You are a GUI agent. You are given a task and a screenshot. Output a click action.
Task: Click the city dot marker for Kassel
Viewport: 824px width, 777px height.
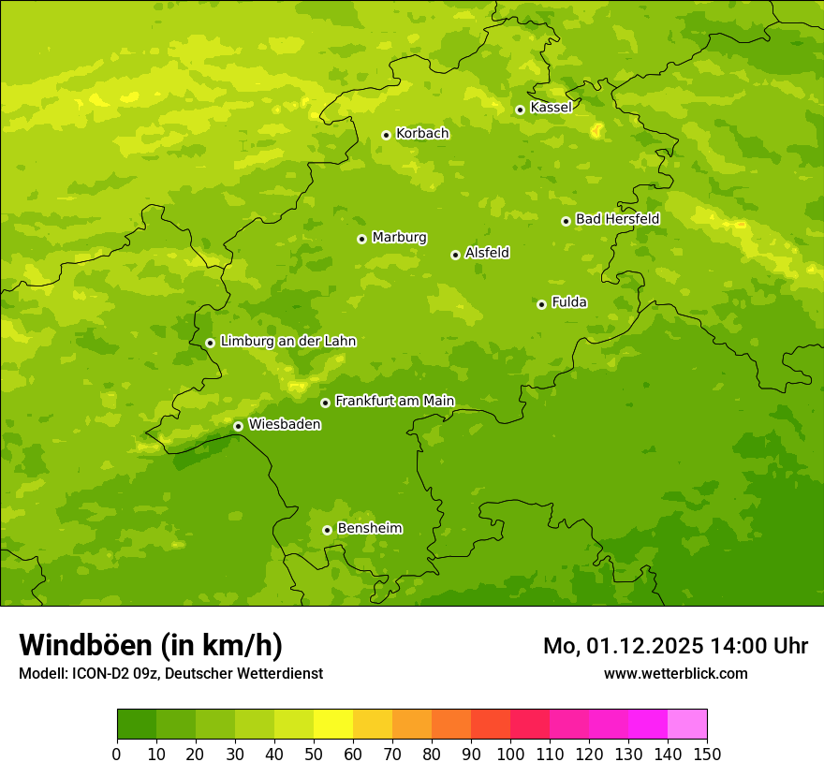pos(520,110)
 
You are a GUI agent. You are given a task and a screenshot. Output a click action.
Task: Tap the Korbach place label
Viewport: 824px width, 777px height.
pos(422,134)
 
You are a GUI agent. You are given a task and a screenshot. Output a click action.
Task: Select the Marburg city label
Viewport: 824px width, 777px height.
pos(399,238)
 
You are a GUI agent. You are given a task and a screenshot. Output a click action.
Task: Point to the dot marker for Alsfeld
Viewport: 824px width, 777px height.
pos(455,255)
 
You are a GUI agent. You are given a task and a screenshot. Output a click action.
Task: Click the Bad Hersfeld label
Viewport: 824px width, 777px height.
pos(617,219)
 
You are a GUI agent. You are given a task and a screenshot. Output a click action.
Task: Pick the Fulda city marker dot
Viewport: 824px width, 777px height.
pos(541,304)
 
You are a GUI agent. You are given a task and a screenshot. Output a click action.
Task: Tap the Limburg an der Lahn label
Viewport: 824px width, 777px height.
pos(287,342)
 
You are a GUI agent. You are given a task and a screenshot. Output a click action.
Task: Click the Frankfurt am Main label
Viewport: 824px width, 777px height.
pos(394,401)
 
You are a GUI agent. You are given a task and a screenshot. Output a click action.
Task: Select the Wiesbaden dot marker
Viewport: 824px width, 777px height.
pos(238,426)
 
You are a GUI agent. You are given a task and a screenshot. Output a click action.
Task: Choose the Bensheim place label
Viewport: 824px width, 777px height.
pos(369,528)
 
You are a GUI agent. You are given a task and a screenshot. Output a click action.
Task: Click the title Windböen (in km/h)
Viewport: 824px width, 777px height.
pos(150,645)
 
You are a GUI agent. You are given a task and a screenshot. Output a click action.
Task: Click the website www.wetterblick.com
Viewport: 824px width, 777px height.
pos(675,673)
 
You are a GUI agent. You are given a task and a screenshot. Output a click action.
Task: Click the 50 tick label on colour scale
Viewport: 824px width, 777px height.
pos(314,754)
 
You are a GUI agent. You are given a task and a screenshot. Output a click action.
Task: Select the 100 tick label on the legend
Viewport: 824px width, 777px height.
pos(510,754)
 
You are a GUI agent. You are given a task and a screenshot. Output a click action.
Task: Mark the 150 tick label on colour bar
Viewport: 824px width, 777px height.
pos(707,754)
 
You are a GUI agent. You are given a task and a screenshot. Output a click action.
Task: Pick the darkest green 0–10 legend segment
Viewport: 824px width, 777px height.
pos(137,725)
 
